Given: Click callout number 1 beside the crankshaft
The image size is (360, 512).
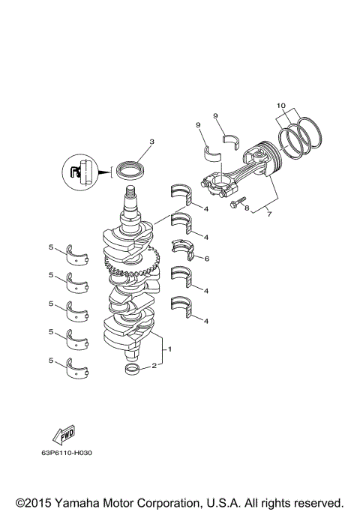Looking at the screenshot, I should [170, 349].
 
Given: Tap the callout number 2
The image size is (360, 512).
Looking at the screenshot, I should [154, 366].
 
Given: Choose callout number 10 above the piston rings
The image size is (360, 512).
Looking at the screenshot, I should [281, 105].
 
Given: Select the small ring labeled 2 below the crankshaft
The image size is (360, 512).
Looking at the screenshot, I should [132, 370].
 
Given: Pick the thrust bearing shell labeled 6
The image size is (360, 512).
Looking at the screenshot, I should [183, 250].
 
